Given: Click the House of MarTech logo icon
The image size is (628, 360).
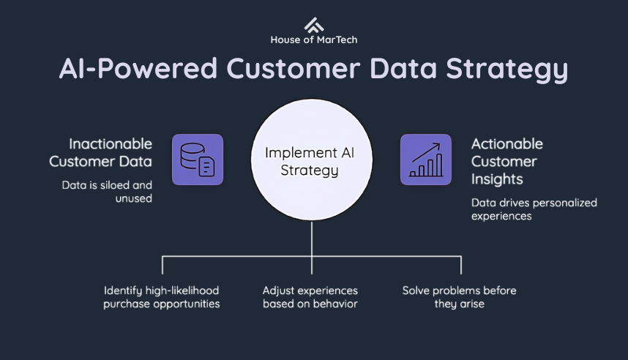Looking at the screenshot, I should coord(314,23).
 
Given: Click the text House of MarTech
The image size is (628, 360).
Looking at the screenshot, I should coord(313,40).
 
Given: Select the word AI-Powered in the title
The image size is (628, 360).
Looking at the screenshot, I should coord(137,69).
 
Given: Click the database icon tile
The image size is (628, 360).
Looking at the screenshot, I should coord(197,159).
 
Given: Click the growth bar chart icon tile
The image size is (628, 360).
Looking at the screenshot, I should coord(425,159).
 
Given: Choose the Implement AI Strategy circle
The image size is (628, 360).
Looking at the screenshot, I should coord(312,161).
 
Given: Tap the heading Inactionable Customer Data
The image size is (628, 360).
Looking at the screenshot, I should coord(111,152).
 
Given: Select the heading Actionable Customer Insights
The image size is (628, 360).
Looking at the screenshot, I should coord(506,161).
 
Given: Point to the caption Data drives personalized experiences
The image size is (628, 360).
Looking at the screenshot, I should coord(534,209).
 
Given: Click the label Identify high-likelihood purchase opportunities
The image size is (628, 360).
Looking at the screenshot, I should coord(162,297).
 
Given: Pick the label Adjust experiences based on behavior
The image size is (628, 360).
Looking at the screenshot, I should coord(310,297).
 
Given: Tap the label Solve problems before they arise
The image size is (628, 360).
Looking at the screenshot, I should coord(459,297).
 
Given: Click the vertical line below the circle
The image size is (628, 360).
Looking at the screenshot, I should coord(312,239).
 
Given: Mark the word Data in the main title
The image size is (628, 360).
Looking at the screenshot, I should coord(405,69).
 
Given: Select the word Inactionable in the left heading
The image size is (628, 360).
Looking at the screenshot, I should coord(111,143).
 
